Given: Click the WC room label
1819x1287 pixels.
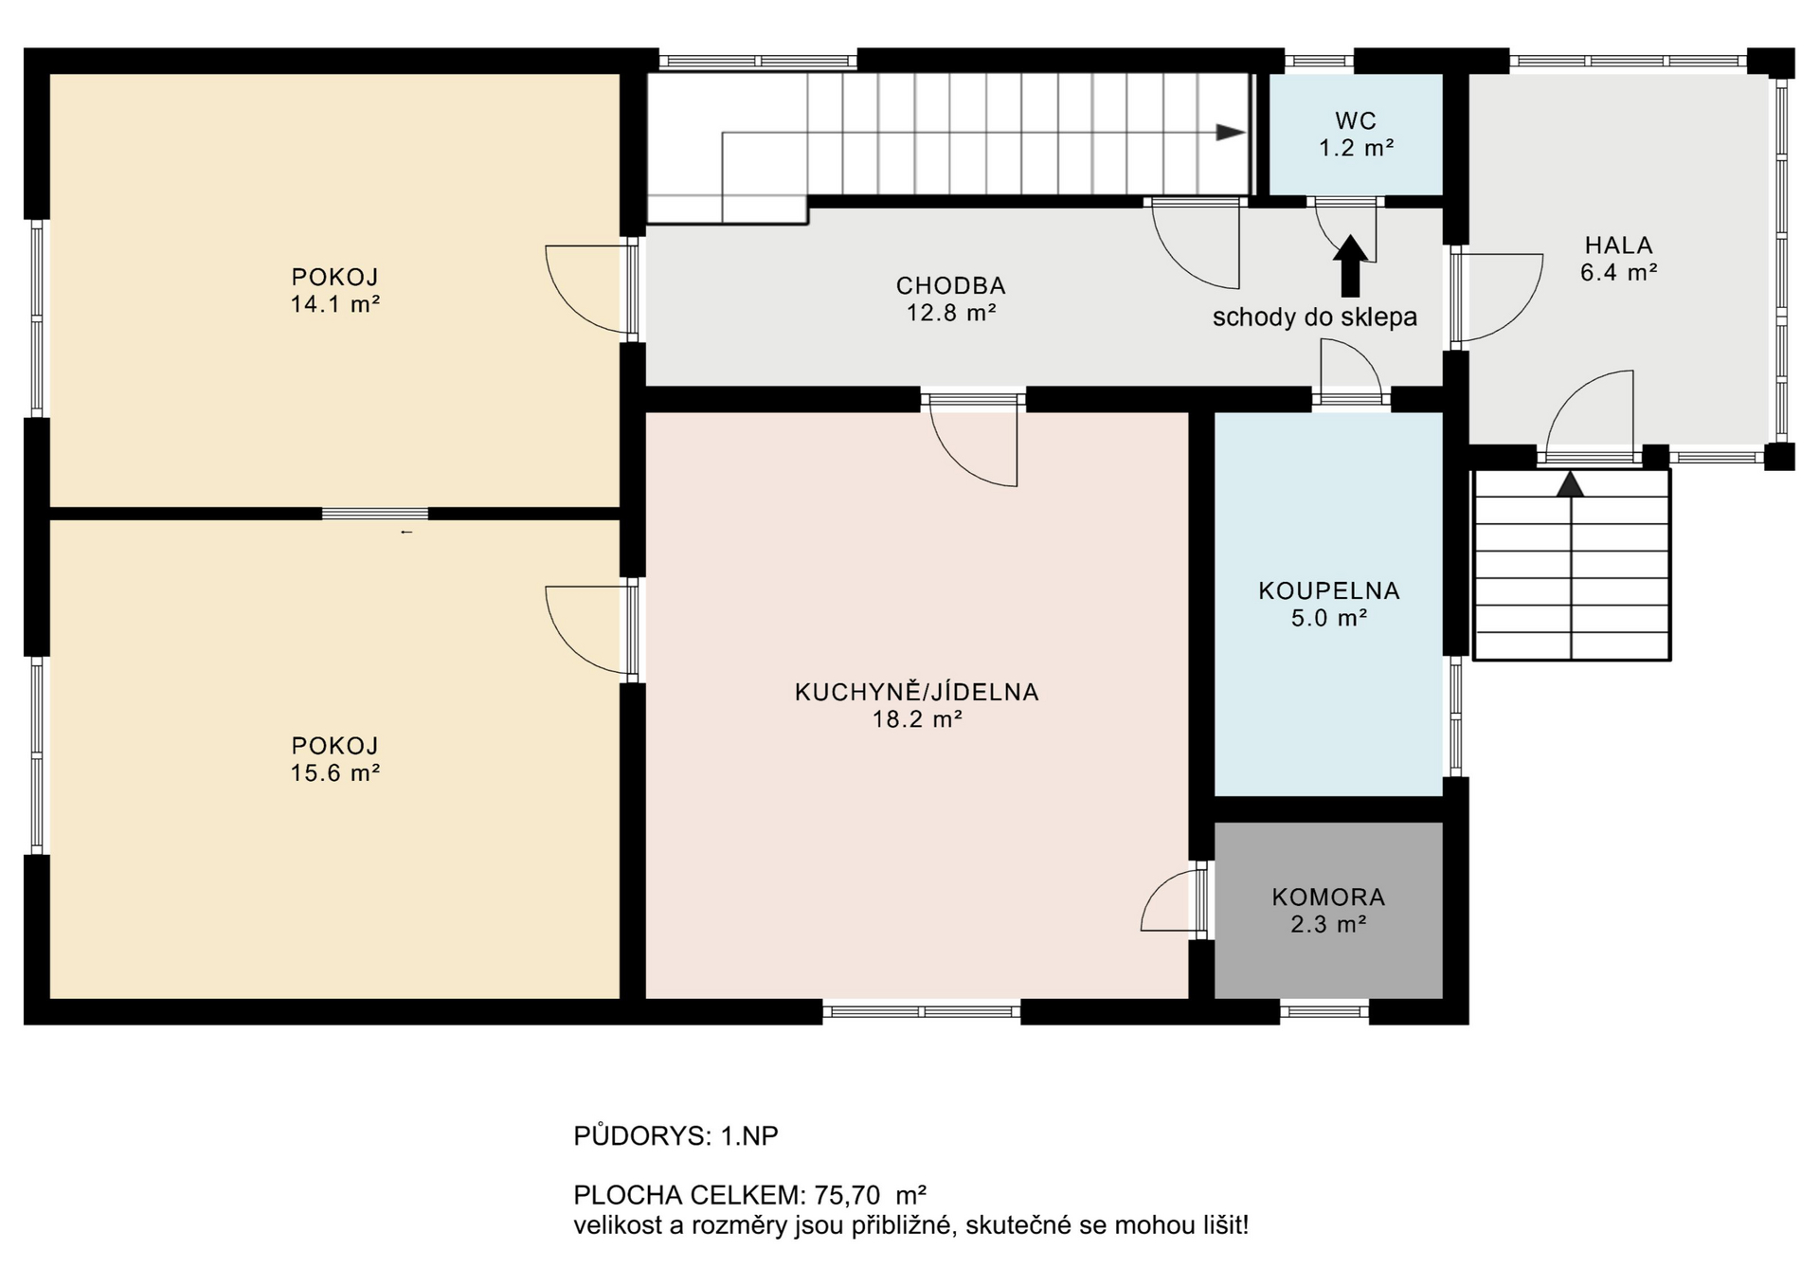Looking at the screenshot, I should (x=1355, y=120).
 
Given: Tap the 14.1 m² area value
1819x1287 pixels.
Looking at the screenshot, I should (x=335, y=305).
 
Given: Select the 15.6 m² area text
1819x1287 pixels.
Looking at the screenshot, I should (x=335, y=773).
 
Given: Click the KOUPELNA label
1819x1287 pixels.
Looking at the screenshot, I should (x=1328, y=590).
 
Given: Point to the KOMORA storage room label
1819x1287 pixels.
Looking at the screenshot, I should (x=1328, y=897).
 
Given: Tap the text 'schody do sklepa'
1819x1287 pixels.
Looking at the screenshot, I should (x=1314, y=317).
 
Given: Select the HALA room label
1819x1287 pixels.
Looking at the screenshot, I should (x=1618, y=245).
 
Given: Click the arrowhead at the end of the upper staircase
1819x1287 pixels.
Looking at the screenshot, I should (x=1230, y=133).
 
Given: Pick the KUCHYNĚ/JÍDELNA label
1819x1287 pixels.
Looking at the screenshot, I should (x=916, y=692).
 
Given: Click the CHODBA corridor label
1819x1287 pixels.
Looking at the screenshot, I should (x=950, y=285).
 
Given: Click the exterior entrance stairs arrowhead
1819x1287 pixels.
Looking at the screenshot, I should (x=1570, y=484).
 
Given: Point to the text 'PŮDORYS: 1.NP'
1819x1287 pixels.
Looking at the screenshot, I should (x=675, y=1135).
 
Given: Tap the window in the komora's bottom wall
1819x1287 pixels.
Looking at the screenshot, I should (x=1324, y=1011).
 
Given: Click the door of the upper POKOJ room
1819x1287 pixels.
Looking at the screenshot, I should (x=587, y=289).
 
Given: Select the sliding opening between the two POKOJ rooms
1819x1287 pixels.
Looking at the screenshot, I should (x=375, y=514).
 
